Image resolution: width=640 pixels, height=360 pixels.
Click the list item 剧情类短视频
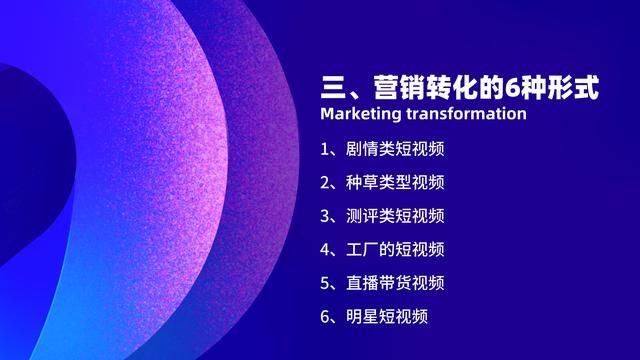(395, 149)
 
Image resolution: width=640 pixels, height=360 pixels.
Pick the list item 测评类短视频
(395, 215)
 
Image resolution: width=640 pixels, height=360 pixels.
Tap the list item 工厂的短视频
(395, 249)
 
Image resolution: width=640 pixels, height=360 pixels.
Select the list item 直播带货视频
(395, 282)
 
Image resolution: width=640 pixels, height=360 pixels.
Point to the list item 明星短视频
(387, 316)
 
